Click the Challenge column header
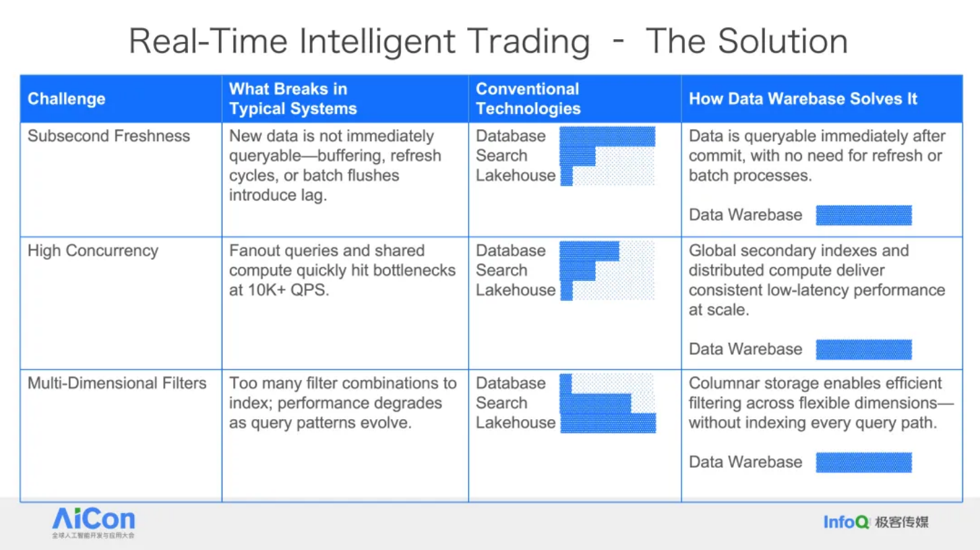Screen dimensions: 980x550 67,99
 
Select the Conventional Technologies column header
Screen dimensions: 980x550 528,99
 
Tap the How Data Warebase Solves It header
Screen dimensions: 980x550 803,99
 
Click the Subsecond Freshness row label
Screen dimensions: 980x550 109,136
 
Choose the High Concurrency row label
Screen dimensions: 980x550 93,251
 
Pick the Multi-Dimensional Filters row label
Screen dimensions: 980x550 117,383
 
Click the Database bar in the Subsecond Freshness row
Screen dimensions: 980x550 607,136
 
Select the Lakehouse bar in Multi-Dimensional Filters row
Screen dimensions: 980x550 608,423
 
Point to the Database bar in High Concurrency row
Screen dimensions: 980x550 589,251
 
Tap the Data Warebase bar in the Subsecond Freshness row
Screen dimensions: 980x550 863,215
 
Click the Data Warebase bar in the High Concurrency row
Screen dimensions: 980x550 863,350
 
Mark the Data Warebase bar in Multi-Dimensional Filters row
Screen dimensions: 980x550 863,462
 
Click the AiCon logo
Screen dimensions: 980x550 93,522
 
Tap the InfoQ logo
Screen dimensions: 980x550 876,522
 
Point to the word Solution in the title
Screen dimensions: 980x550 783,41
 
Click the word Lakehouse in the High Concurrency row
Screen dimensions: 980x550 516,290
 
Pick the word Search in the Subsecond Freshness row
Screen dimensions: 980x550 501,156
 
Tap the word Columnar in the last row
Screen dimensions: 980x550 722,383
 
